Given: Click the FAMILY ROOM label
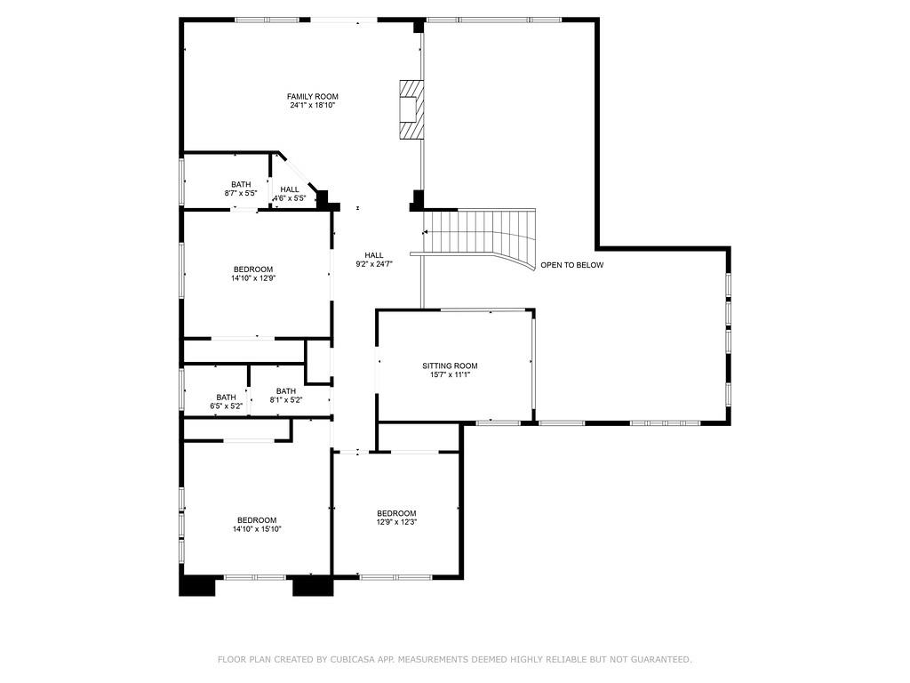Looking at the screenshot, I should click(x=312, y=96).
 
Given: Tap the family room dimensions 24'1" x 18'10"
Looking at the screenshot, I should click(x=312, y=105).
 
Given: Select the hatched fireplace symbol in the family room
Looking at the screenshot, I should click(x=411, y=109).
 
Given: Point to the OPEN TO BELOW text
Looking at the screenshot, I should click(x=571, y=265).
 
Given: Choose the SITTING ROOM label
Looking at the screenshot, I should click(x=450, y=366).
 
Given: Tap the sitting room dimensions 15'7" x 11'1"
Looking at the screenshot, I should click(x=450, y=374).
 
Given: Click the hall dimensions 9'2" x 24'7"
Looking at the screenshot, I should click(x=373, y=264).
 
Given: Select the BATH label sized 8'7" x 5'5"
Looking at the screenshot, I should click(x=241, y=184).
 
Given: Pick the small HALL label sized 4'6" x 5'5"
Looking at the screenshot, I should click(x=290, y=189).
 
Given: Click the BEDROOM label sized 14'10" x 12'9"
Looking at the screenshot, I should click(x=253, y=269).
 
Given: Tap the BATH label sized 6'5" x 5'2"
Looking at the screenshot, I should click(x=226, y=398).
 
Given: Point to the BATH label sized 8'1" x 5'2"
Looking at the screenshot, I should click(x=285, y=391).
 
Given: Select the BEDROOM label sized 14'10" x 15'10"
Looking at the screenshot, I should click(x=256, y=520).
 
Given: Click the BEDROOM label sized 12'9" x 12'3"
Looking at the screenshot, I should click(x=396, y=513).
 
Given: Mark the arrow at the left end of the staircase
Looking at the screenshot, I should click(x=426, y=232).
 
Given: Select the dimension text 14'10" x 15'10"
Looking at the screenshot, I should click(x=256, y=529).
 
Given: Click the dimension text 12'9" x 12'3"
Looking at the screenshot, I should click(x=396, y=522).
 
